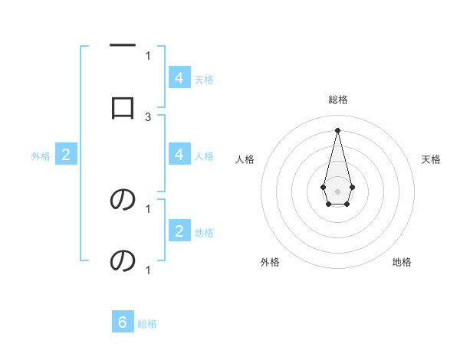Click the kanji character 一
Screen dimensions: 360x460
(x=123, y=46)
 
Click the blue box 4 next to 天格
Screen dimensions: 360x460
(x=179, y=78)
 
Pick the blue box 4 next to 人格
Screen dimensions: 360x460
(x=179, y=155)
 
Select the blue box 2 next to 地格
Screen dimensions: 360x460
(x=179, y=232)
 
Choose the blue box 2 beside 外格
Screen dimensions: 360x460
(x=65, y=155)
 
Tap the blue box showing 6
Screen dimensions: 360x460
(x=123, y=322)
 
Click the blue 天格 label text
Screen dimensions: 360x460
(x=204, y=79)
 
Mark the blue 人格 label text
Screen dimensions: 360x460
(x=204, y=156)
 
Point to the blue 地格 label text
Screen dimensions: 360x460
(x=204, y=233)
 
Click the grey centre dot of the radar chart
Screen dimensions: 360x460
(x=337, y=190)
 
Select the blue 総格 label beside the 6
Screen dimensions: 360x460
(x=147, y=324)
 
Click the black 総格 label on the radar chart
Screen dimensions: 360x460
(x=337, y=100)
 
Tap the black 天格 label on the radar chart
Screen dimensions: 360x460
(x=431, y=159)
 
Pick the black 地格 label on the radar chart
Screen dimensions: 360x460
(x=402, y=262)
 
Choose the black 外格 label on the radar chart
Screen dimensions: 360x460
(x=270, y=262)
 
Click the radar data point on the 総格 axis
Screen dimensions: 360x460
(x=337, y=129)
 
